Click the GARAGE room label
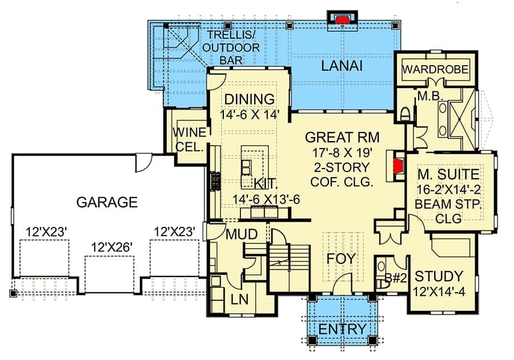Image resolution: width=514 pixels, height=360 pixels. pyautogui.click(x=107, y=202)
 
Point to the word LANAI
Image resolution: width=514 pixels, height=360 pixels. pyautogui.click(x=342, y=66)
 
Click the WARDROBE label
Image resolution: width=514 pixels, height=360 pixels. pyautogui.click(x=435, y=69)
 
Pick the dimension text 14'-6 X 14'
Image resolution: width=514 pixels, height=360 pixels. pyautogui.click(x=250, y=115)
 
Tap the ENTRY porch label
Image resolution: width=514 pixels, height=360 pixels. pyautogui.click(x=342, y=329)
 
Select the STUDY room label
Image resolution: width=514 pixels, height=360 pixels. pyautogui.click(x=439, y=277)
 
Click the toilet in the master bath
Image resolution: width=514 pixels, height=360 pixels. pyautogui.click(x=405, y=114)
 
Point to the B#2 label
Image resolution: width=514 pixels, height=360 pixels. pyautogui.click(x=396, y=278)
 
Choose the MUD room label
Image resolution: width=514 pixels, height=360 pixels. pyautogui.click(x=242, y=234)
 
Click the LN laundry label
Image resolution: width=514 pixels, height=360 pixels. pyautogui.click(x=240, y=299)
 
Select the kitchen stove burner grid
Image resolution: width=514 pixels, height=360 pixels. pyautogui.click(x=215, y=181)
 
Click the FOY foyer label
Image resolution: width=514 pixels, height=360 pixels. pyautogui.click(x=341, y=258)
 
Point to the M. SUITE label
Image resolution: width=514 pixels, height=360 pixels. pyautogui.click(x=448, y=174)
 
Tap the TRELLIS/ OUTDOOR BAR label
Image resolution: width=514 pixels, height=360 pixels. pyautogui.click(x=231, y=47)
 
